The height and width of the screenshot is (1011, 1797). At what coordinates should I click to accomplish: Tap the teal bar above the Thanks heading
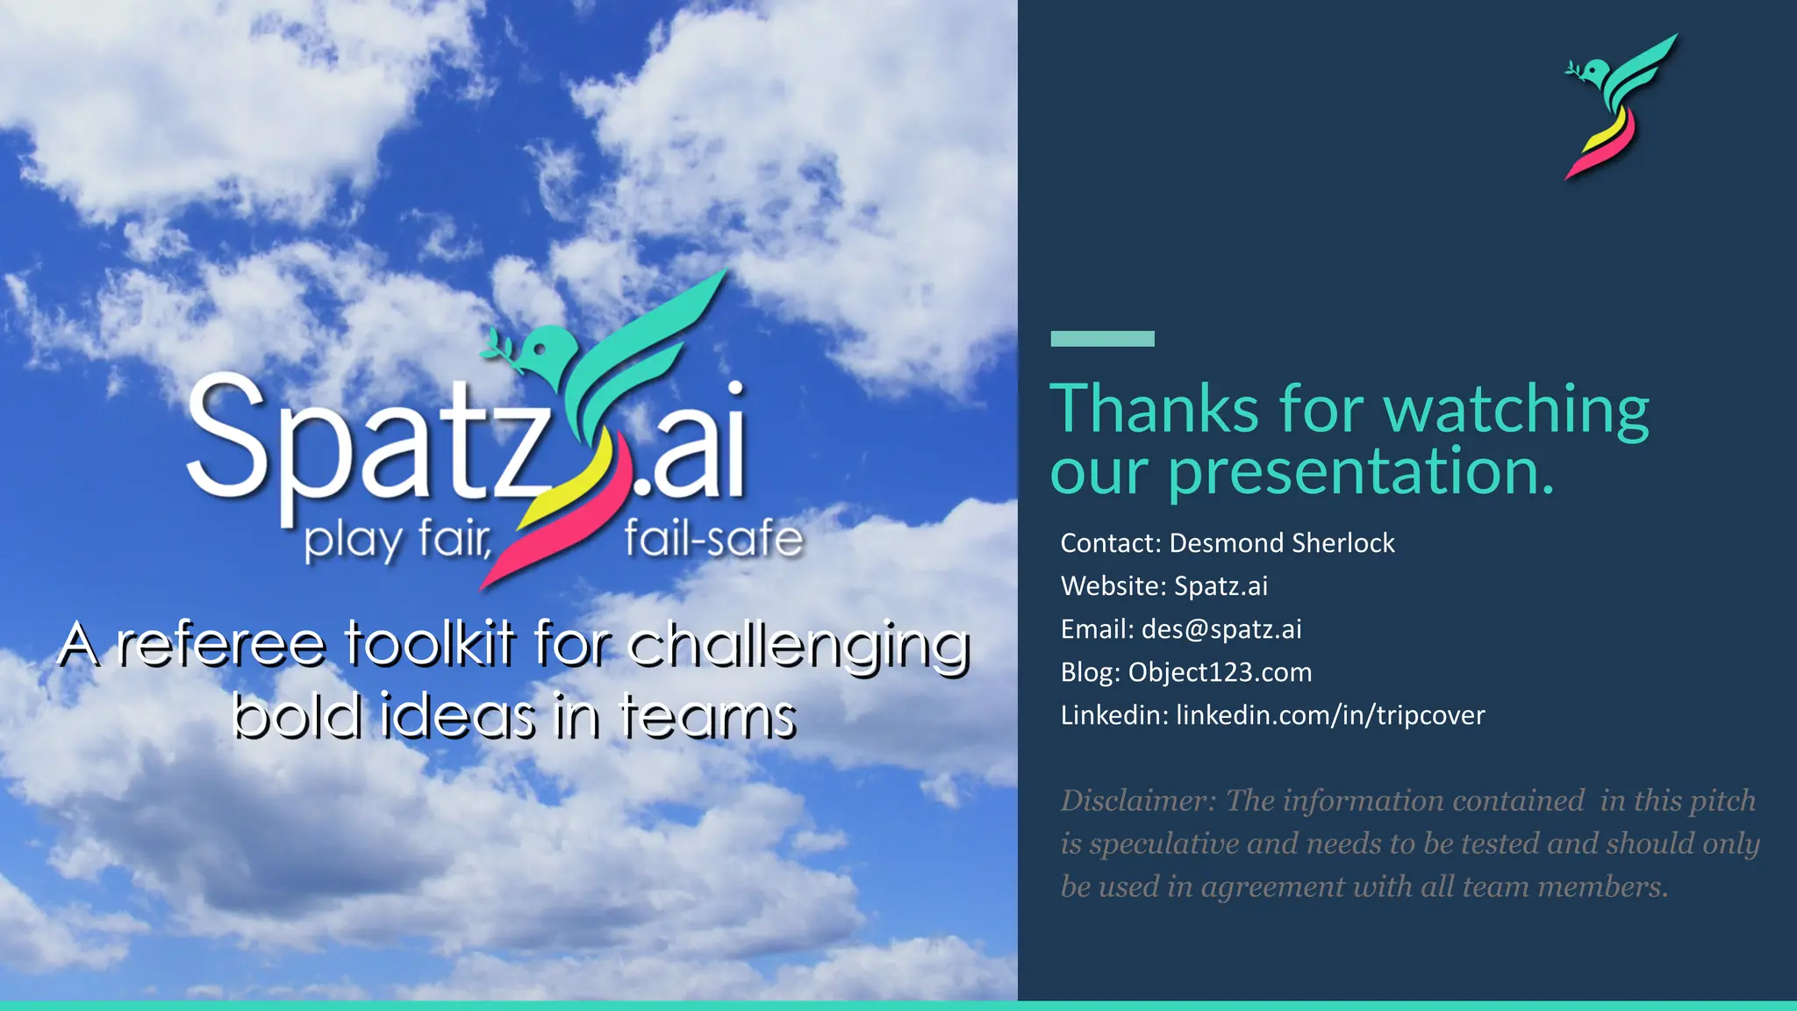point(1102,339)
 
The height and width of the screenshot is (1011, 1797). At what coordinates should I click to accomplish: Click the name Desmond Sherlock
point(1281,543)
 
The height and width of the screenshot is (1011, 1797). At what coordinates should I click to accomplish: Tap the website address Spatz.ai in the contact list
point(1221,586)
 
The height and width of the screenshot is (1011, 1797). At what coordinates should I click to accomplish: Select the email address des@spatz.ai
point(1221,629)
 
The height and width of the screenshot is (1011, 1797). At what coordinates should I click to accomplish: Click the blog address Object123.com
point(1220,672)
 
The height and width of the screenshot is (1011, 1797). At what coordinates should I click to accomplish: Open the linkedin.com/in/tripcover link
point(1329,715)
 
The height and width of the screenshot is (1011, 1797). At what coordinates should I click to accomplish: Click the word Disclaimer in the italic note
point(1138,800)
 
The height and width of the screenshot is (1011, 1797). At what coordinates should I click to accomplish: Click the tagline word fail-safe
point(713,539)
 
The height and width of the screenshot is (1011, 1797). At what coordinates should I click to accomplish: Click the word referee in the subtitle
point(221,645)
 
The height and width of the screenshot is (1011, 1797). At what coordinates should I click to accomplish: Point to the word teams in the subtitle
point(707,716)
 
